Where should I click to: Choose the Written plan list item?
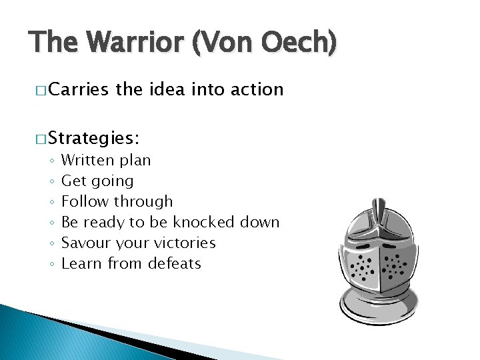click(106, 161)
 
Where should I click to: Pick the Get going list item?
click(97, 181)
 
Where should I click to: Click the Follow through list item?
click(117, 201)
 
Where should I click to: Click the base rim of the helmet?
click(379, 312)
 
